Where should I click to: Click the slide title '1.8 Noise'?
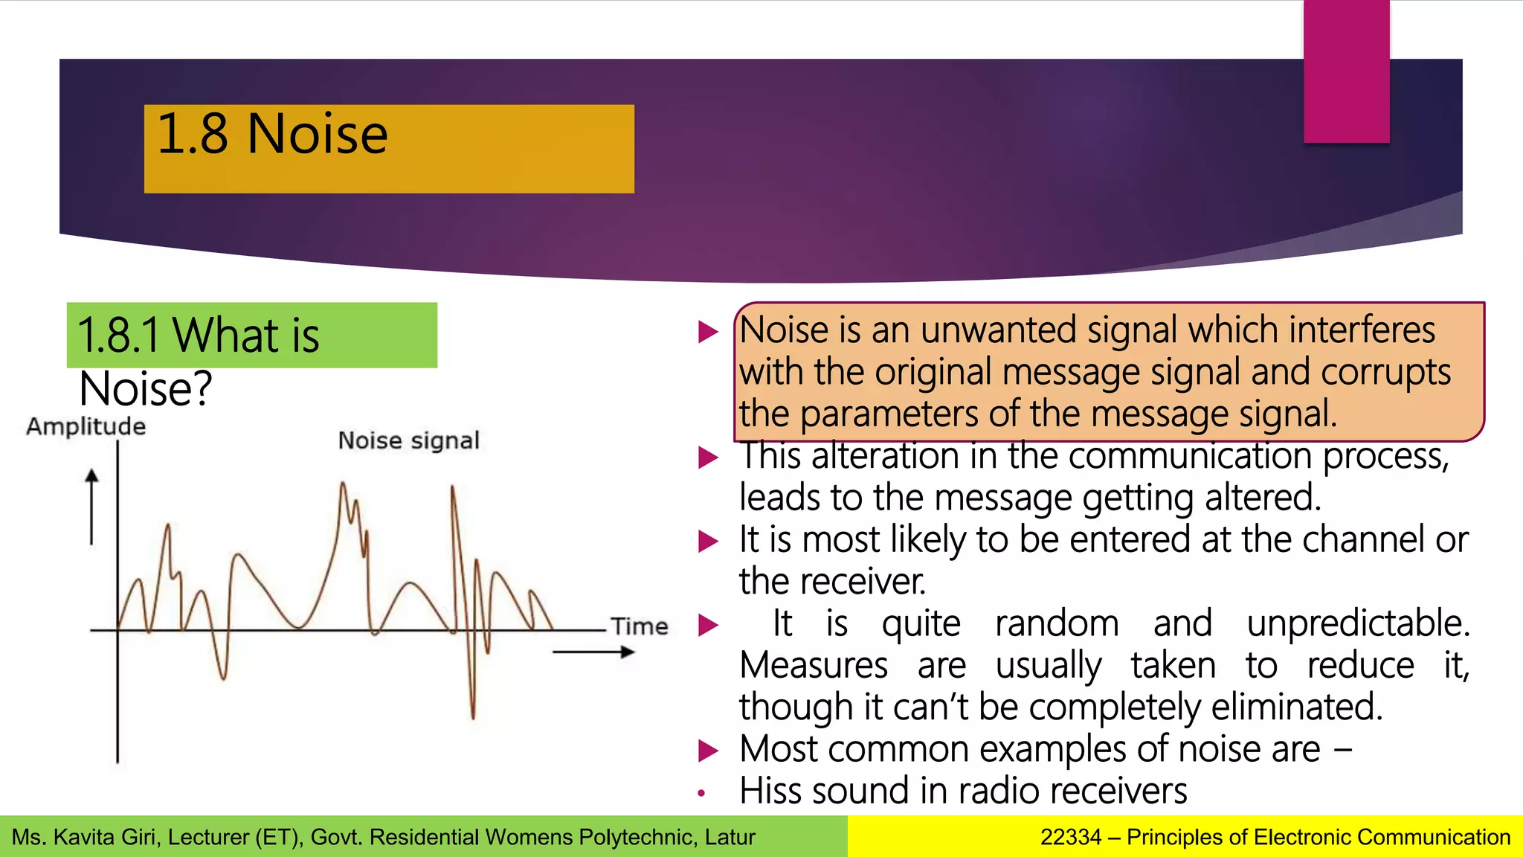click(x=272, y=135)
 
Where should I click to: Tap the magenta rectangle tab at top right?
click(x=1346, y=71)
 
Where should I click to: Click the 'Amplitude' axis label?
click(x=86, y=427)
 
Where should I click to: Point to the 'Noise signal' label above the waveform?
click(x=408, y=440)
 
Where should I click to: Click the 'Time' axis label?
click(x=640, y=626)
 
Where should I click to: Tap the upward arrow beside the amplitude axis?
click(x=91, y=506)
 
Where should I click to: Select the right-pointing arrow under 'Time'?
click(x=593, y=652)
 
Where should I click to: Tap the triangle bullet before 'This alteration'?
click(x=708, y=458)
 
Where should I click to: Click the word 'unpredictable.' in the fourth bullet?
click(x=1358, y=623)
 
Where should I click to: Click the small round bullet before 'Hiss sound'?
click(x=701, y=794)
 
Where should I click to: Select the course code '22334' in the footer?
click(x=1070, y=838)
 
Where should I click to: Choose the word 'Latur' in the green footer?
click(x=730, y=838)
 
